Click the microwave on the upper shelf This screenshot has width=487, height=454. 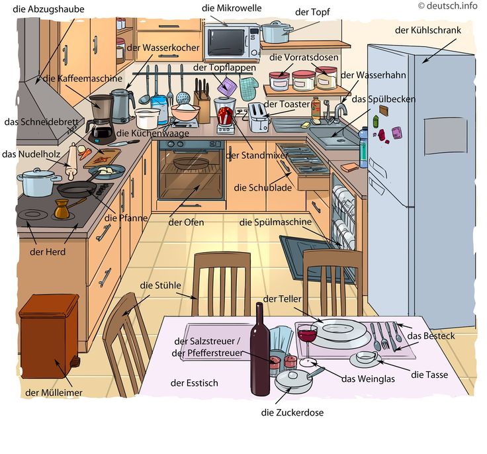pos(232,42)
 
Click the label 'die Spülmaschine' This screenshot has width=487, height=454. pos(275,222)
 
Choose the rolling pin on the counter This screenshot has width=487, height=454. pos(71,161)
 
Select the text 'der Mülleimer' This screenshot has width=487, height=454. pos(54,393)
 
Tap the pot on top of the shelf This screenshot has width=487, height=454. pos(277,32)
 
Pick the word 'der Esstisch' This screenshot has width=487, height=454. pos(194,383)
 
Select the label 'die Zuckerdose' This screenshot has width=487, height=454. pos(292,413)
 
